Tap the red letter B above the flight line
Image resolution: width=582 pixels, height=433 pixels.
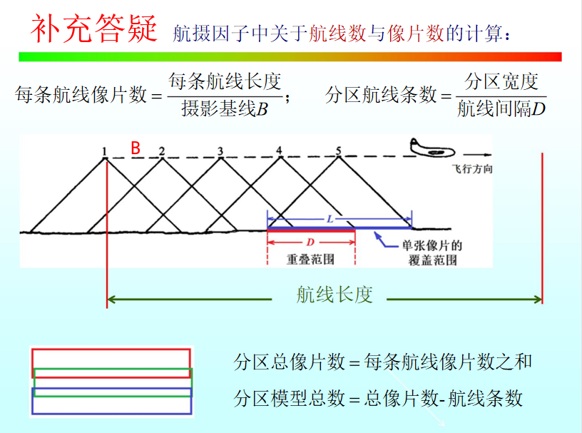(135, 148)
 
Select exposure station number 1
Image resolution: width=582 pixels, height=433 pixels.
(104, 151)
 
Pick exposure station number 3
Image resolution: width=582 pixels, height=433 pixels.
(220, 151)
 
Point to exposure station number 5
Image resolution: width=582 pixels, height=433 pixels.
(339, 151)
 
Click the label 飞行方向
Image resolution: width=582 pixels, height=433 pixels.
(472, 170)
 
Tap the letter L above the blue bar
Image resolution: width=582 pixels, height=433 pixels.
(330, 220)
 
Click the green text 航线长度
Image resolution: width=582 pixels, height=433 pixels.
(335, 295)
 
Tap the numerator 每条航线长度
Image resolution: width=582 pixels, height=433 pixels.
(225, 83)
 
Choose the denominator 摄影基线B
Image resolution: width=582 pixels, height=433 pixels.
(224, 109)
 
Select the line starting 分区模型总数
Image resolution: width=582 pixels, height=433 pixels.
(379, 398)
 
